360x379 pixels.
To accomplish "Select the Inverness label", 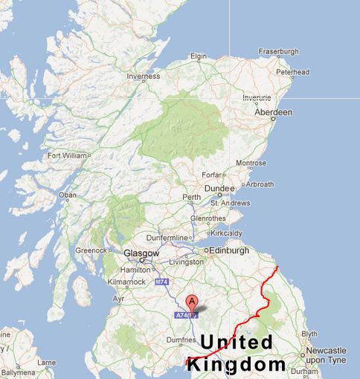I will pyautogui.click(x=143, y=76).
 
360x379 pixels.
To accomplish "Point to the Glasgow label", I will pyautogui.click(x=140, y=253).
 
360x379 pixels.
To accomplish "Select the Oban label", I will pyautogui.click(x=68, y=195).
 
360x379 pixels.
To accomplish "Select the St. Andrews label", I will pyautogui.click(x=228, y=202).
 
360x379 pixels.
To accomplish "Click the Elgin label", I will pyautogui.click(x=198, y=56).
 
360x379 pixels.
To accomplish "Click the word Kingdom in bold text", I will pyautogui.click(x=236, y=364).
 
